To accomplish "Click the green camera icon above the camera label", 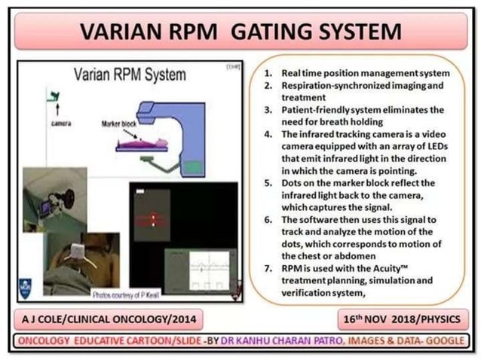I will pyautogui.click(x=54, y=96).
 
